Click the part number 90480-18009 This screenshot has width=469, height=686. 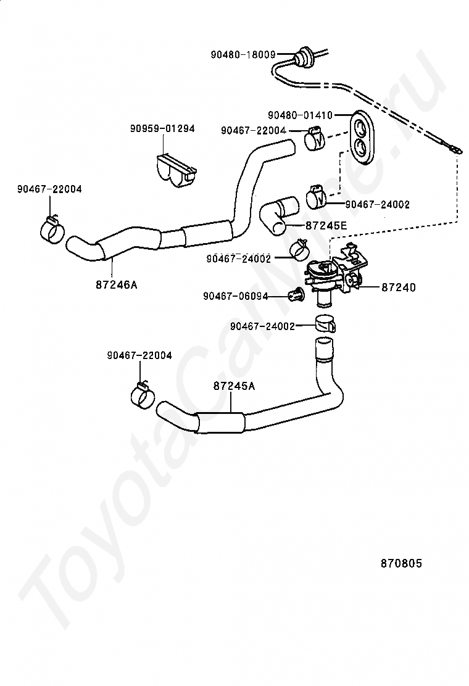pyautogui.click(x=243, y=54)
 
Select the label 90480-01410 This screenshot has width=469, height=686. pyautogui.click(x=300, y=115)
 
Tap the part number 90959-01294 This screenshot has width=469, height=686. pyautogui.click(x=162, y=128)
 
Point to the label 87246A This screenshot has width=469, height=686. pyautogui.click(x=117, y=284)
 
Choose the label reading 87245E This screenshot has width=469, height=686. pyautogui.click(x=326, y=226)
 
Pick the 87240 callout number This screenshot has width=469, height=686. pyautogui.click(x=398, y=287)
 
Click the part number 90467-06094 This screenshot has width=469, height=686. pyautogui.click(x=235, y=296)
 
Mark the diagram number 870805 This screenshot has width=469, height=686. pyautogui.click(x=401, y=563)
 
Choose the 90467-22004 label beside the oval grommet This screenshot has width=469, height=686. pyautogui.click(x=253, y=130)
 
